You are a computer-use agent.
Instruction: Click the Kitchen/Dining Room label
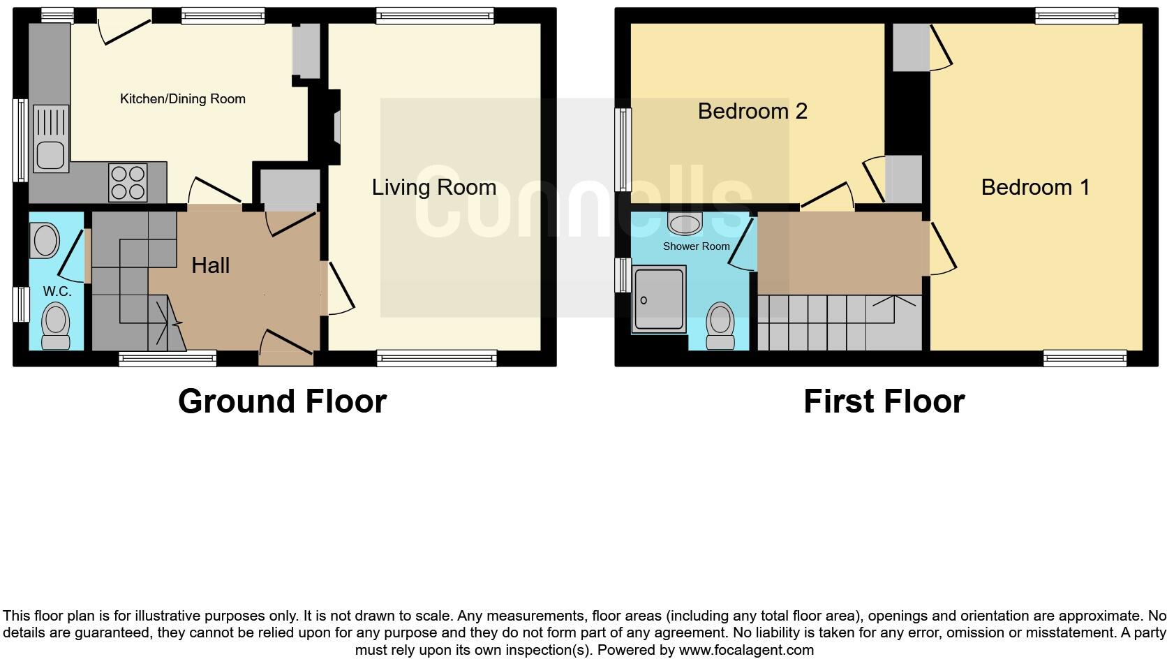182,99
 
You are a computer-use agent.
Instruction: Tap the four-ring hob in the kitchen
128,182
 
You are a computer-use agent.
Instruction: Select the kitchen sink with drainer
51,138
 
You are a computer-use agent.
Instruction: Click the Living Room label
433,187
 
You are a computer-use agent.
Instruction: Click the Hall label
210,265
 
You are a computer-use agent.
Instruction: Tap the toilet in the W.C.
55,327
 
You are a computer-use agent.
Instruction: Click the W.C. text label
57,292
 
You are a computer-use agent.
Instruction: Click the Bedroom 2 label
752,111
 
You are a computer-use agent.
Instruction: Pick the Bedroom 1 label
1035,187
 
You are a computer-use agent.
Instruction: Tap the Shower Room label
696,246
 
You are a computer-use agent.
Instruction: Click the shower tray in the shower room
659,299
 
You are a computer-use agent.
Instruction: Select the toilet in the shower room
720,325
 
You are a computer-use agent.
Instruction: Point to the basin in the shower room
684,223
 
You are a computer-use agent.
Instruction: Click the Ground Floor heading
282,401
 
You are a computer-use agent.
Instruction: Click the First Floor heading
884,401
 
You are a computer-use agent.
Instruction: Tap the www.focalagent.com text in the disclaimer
746,650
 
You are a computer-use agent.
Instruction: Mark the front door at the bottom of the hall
286,346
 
